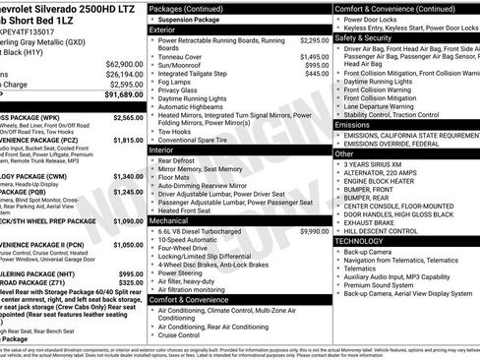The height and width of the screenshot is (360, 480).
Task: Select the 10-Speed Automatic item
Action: pos(194,240)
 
